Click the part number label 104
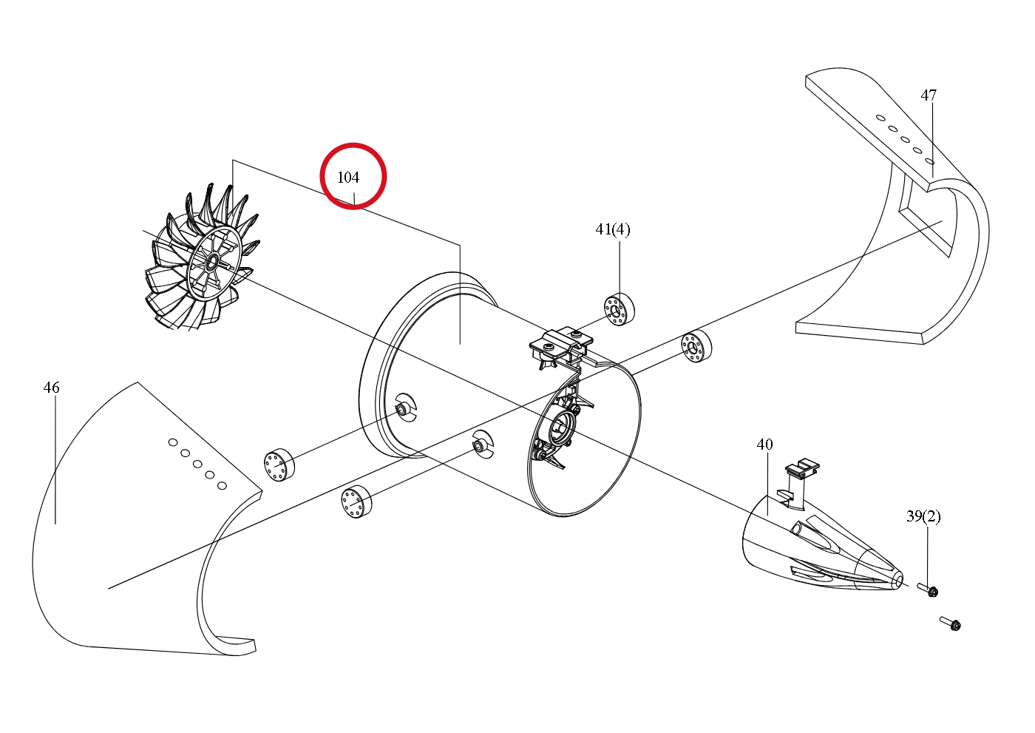348,178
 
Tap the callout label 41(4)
613,229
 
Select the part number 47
929,95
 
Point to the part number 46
51,388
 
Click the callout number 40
764,444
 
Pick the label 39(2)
923,516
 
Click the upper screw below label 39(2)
927,590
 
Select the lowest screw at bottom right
950,624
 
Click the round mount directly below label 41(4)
620,309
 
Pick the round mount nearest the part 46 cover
279,465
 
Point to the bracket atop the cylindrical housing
561,345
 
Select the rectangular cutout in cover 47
926,222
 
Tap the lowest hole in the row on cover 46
223,486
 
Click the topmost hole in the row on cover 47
880,118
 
